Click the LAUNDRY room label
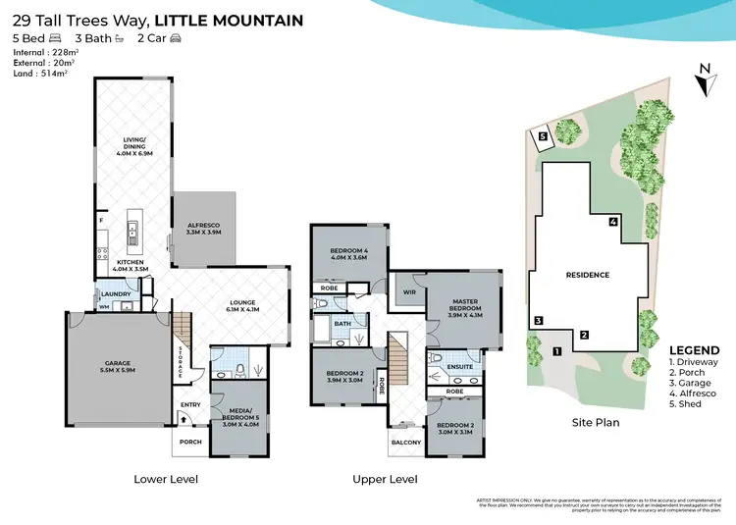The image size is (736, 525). click(115, 293)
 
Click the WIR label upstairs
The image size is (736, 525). click(407, 290)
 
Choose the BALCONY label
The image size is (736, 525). click(406, 443)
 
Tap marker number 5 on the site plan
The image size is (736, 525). click(543, 137)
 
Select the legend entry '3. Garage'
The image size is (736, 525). click(693, 383)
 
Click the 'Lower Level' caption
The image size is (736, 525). click(166, 480)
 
